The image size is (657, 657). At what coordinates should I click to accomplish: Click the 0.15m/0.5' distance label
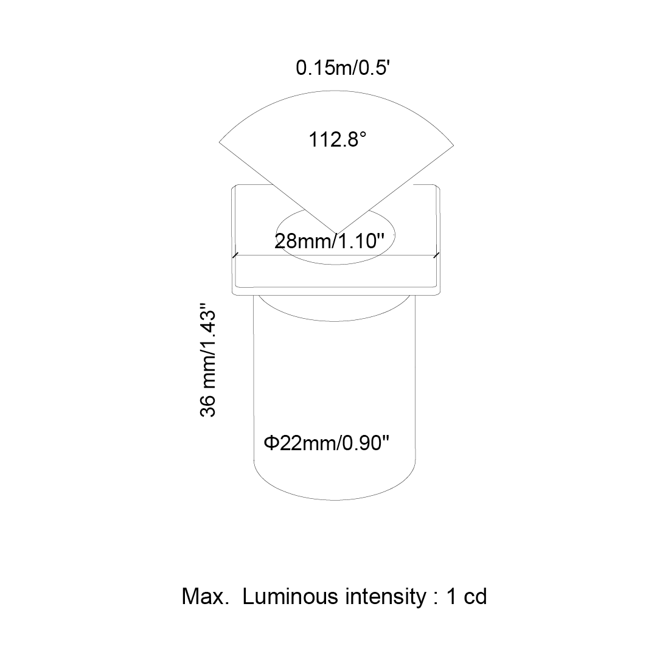[342, 68]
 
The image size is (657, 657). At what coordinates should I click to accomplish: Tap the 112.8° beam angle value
[337, 139]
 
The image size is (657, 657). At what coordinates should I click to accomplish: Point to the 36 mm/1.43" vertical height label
[208, 360]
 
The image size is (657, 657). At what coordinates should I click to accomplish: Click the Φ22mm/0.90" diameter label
[327, 443]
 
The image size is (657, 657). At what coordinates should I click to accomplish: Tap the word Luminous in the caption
[290, 596]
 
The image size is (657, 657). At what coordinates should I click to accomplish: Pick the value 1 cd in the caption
[467, 596]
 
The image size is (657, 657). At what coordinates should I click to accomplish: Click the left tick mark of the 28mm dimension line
[235, 255]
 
